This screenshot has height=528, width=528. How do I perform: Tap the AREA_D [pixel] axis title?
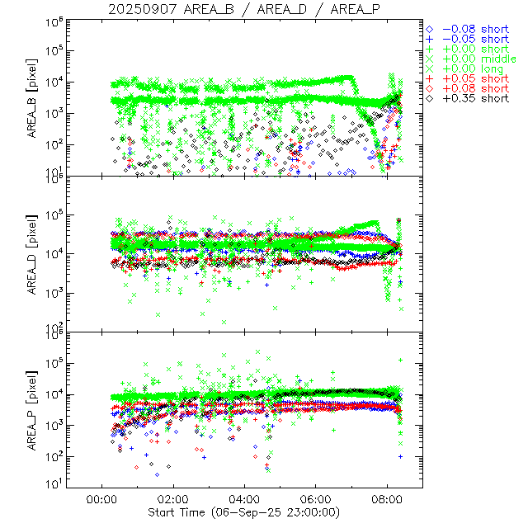pyautogui.click(x=34, y=254)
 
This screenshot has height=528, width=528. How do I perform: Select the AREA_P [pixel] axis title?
pyautogui.click(x=34, y=411)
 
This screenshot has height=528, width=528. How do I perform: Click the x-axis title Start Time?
pyautogui.click(x=243, y=512)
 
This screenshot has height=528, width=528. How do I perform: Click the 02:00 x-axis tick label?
pyautogui.click(x=173, y=499)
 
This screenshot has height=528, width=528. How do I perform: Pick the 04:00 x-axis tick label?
pyautogui.click(x=245, y=499)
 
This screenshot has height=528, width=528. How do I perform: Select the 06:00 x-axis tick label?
pyautogui.click(x=317, y=499)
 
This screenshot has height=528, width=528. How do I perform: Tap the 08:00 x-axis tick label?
pyautogui.click(x=388, y=499)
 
